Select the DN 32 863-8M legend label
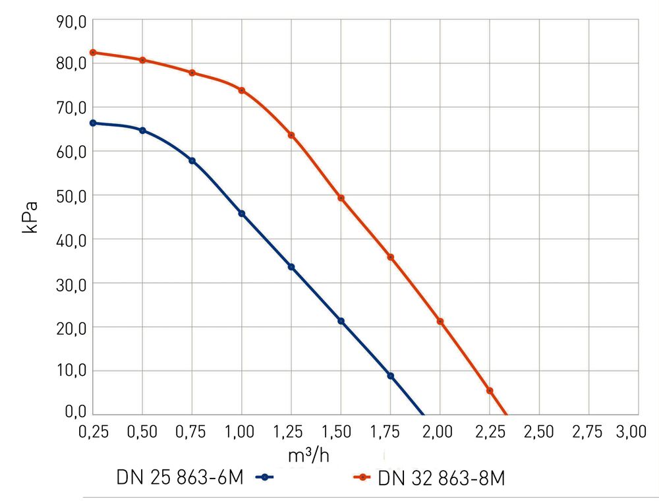coord(442,479)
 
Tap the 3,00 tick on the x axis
coord(631,432)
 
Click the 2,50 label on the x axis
coord(539,432)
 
